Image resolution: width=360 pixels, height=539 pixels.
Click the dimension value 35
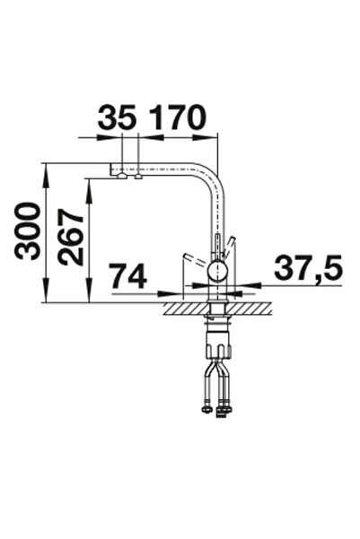click(x=117, y=117)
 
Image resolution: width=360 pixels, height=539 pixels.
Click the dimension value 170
click(x=179, y=117)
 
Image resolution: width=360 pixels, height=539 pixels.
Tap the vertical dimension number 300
click(x=27, y=231)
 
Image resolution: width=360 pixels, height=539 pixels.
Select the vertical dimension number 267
click(x=71, y=237)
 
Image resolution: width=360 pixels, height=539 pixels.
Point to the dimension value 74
click(x=128, y=276)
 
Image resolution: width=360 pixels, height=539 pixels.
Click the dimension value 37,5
click(x=308, y=267)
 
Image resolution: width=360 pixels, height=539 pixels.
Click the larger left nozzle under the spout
click(x=122, y=177)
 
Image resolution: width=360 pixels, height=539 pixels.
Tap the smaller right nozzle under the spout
click(x=138, y=177)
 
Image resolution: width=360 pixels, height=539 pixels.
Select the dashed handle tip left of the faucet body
click(x=187, y=257)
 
